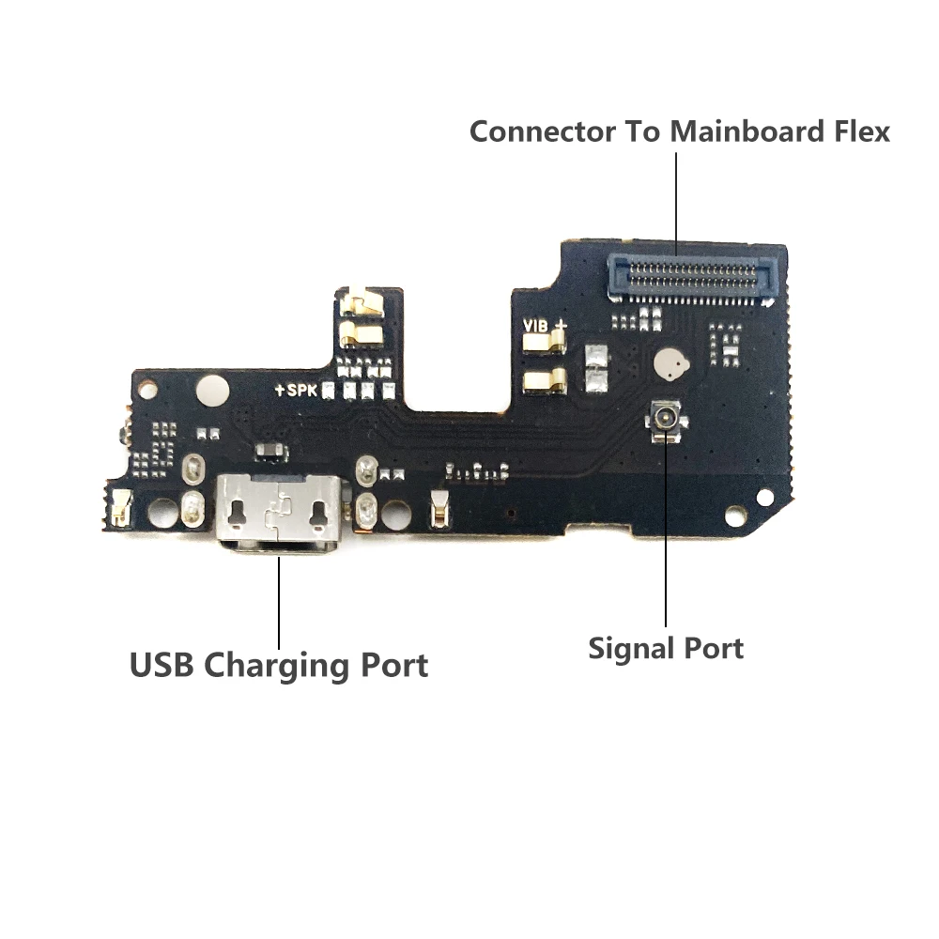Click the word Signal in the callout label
pyautogui.click(x=626, y=648)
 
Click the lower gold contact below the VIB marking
pyautogui.click(x=545, y=380)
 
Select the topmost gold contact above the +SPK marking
pyautogui.click(x=362, y=303)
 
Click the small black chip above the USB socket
pyautogui.click(x=269, y=455)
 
